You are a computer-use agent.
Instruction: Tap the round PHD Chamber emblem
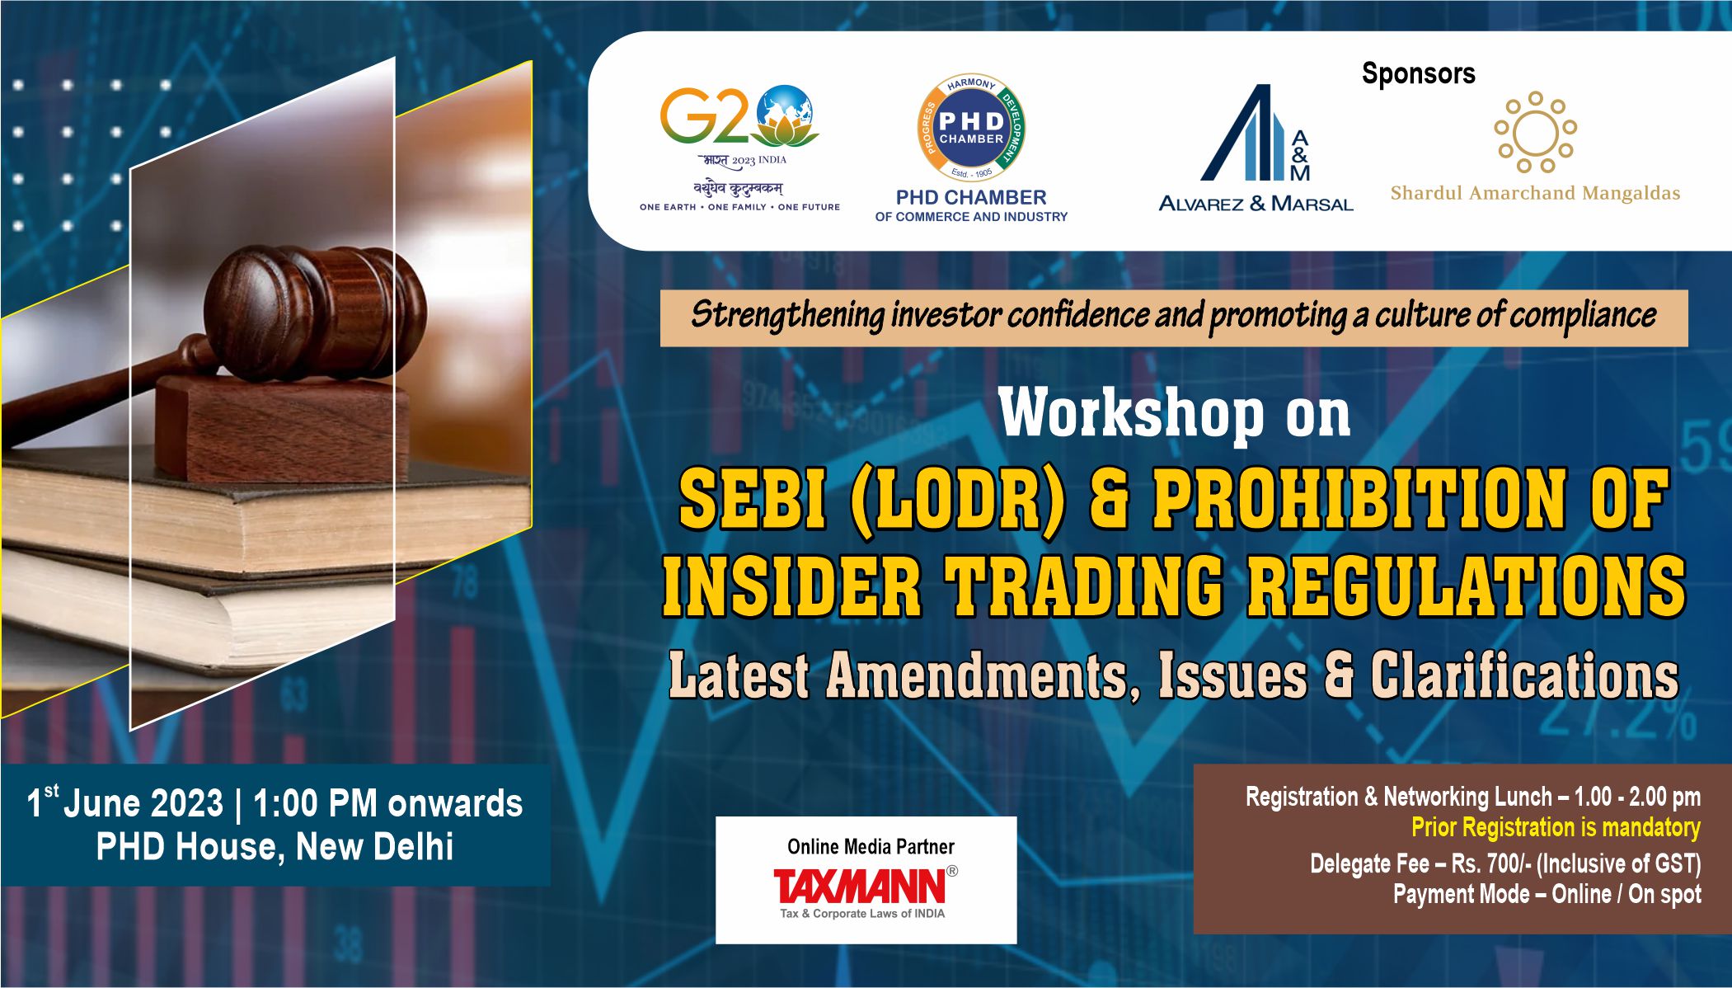[971, 129]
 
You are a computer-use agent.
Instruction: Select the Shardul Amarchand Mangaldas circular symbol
[1535, 132]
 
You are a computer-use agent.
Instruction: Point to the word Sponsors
[1418, 73]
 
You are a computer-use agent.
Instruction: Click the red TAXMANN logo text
[860, 887]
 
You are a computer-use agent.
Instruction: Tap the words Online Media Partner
[871, 847]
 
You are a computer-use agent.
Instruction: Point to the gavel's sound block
[280, 429]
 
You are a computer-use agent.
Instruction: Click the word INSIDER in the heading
[791, 586]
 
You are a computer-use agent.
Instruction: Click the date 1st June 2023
[124, 803]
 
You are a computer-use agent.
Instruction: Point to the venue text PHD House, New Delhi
[275, 847]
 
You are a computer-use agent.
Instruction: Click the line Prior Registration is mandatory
[1555, 827]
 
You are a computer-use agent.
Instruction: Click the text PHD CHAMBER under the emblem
[971, 198]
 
